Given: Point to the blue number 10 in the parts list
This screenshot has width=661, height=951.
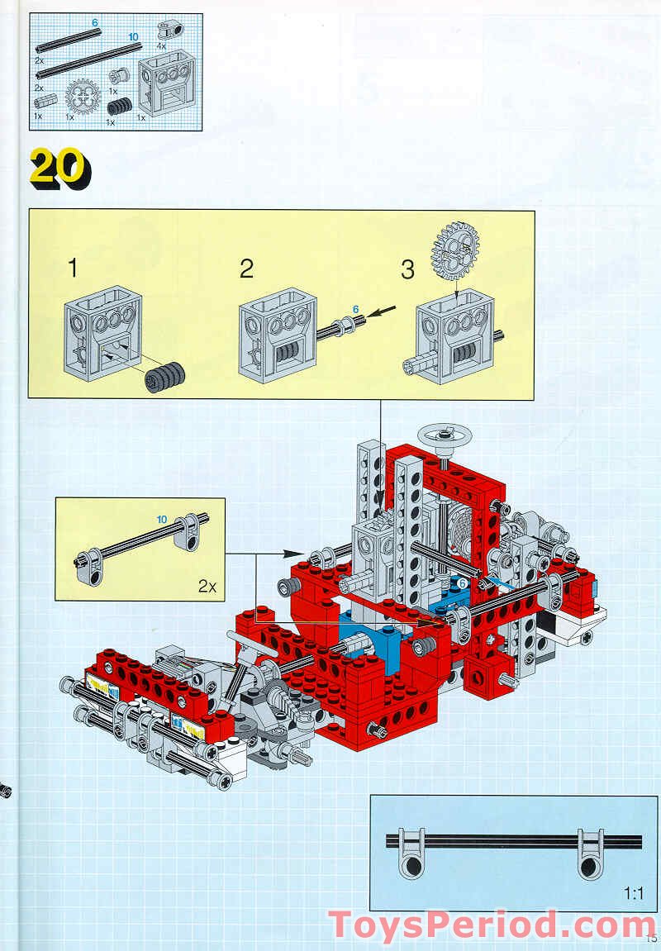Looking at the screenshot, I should click(x=133, y=37).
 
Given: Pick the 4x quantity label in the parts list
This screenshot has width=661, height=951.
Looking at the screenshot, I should click(x=161, y=47).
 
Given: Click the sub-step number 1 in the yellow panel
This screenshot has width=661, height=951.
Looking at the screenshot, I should click(x=74, y=269).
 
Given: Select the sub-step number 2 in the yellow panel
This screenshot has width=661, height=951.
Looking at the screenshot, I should click(x=246, y=269).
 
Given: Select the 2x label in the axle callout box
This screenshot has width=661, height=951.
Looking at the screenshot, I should click(x=207, y=587).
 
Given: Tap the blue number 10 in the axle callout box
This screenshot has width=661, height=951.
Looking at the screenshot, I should click(x=162, y=519).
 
